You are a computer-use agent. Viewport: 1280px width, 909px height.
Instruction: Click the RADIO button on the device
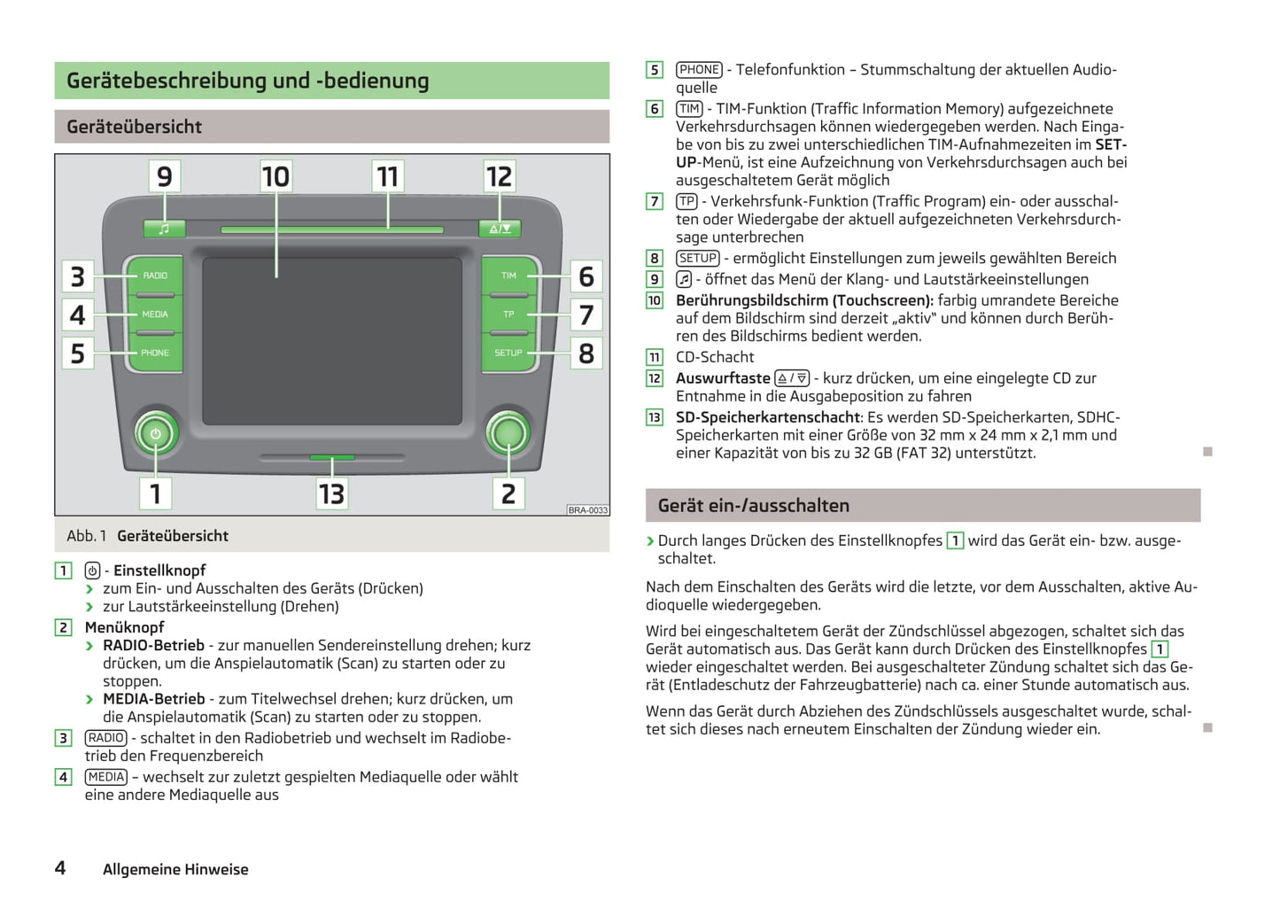[155, 276]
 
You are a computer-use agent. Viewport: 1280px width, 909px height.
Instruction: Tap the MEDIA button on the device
[155, 315]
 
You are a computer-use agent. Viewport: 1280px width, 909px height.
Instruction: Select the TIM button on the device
[508, 276]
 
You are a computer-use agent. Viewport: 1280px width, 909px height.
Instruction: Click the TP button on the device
[508, 315]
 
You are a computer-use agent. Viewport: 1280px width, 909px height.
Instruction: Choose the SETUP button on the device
[508, 353]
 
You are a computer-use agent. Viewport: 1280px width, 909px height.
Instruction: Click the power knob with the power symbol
[156, 434]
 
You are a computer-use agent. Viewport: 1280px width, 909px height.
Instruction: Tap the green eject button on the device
[500, 229]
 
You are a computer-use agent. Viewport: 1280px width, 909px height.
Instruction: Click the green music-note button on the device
[164, 229]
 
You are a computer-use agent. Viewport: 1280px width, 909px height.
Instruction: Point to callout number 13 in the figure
[331, 493]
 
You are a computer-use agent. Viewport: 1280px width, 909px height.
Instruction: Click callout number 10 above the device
[275, 176]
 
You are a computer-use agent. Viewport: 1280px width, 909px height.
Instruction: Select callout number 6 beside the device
[586, 276]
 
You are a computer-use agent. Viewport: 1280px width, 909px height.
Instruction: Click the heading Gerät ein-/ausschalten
[753, 506]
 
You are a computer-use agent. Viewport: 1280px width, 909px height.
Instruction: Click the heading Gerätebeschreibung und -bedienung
[247, 81]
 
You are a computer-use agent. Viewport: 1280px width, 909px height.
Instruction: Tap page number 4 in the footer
[60, 868]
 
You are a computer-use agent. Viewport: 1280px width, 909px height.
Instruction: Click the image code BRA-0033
[588, 510]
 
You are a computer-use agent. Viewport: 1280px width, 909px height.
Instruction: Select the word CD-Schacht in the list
[715, 357]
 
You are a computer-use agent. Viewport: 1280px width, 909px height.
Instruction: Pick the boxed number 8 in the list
[655, 259]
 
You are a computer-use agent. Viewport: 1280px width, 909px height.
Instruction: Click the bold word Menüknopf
[124, 627]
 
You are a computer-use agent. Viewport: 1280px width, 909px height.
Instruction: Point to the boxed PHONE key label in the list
[699, 70]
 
